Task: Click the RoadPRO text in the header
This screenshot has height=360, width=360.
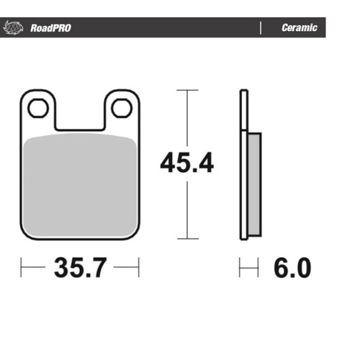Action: (x=50, y=28)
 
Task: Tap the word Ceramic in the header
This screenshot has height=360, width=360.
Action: (x=299, y=28)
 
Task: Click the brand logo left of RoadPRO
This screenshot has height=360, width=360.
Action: (x=13, y=28)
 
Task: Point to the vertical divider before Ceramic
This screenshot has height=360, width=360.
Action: (x=260, y=28)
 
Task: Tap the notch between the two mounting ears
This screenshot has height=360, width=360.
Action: (x=79, y=124)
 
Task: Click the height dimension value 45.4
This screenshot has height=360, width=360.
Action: (x=186, y=164)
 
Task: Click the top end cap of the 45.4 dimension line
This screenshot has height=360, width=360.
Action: (x=187, y=91)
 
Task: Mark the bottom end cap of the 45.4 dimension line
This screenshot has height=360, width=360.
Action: (x=187, y=238)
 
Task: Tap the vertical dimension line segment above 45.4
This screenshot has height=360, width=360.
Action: (x=187, y=119)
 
